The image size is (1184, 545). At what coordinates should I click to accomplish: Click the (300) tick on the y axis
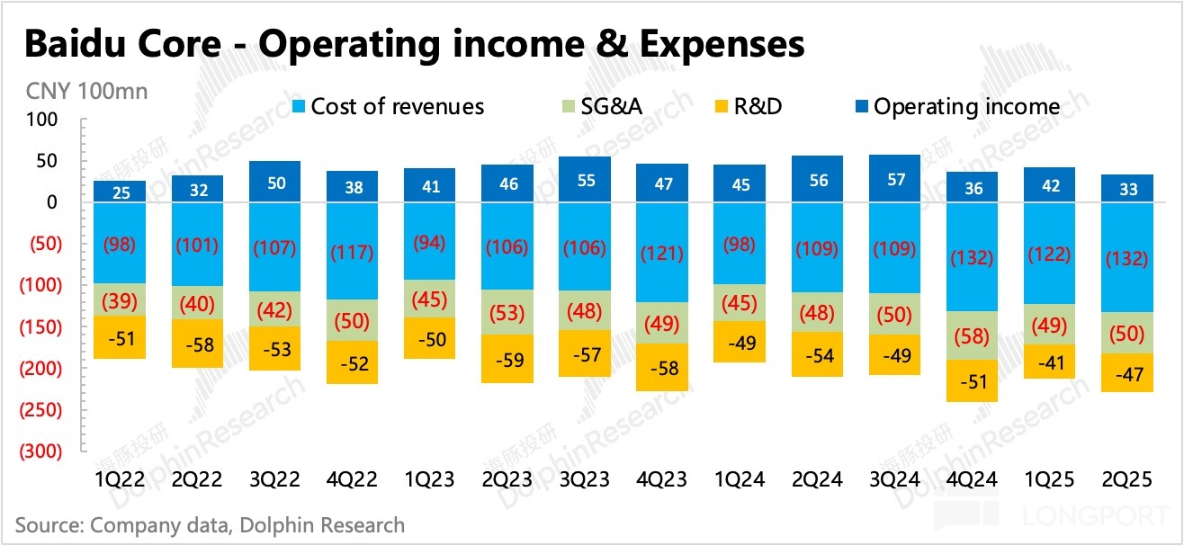coord(41,451)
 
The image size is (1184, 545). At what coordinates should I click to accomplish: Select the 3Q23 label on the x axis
coord(584,480)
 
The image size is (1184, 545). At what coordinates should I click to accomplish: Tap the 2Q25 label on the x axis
coord(1129,480)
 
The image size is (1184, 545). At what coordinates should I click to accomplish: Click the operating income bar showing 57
coord(894,179)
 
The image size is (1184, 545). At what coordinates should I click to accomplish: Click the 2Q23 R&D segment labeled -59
coord(507,359)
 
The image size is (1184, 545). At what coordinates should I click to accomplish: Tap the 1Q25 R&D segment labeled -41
coord(1049,362)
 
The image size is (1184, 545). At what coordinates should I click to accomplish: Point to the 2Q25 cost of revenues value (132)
coord(1129,259)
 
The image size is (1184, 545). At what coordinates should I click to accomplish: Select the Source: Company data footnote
coord(210,524)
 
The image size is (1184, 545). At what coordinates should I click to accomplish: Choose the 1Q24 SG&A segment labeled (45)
coord(740,302)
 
